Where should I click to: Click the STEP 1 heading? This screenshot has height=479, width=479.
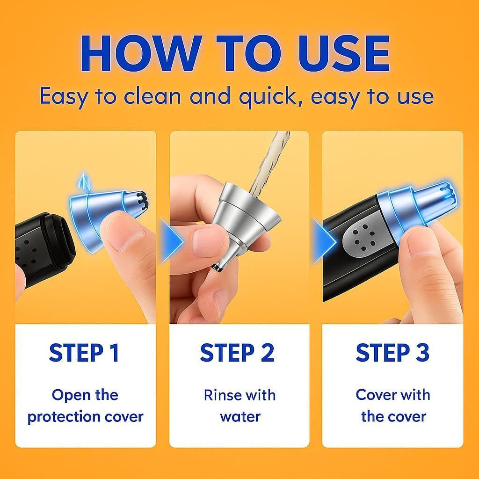coord(84,353)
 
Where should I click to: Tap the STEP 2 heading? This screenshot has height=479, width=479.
coord(237,353)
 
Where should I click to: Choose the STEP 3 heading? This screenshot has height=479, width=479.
coord(393,353)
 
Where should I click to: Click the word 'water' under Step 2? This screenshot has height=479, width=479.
coord(240,417)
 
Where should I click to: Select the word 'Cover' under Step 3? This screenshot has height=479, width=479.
coord(375,395)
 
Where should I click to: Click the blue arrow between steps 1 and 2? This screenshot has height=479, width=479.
coord(172,241)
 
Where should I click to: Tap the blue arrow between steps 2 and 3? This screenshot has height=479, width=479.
coord(325,241)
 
